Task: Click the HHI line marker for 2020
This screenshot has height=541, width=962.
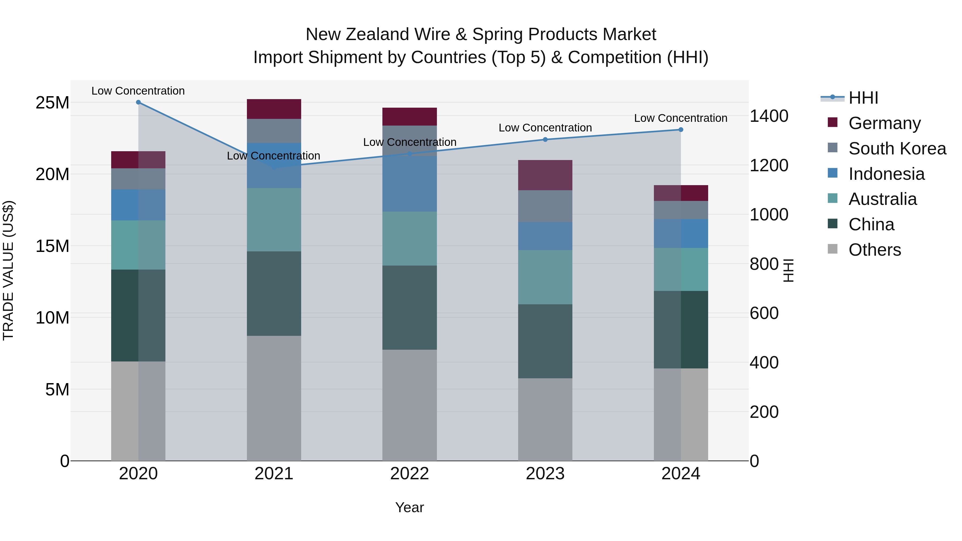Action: point(138,102)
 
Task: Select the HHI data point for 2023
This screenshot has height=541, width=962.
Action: point(545,140)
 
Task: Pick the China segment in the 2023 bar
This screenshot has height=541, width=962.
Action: point(545,341)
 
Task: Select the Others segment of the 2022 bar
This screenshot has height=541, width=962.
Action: point(409,405)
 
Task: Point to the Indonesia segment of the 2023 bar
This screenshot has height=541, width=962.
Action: point(545,236)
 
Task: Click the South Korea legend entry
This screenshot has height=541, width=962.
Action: point(897,149)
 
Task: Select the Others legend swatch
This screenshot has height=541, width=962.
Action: point(832,249)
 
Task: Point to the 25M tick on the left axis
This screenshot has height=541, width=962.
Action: point(52,103)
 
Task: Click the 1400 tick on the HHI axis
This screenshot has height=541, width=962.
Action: point(769,116)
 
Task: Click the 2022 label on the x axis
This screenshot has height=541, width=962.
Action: point(409,474)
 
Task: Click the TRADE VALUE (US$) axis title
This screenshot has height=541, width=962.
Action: point(8,270)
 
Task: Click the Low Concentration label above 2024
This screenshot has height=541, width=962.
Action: point(680,118)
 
